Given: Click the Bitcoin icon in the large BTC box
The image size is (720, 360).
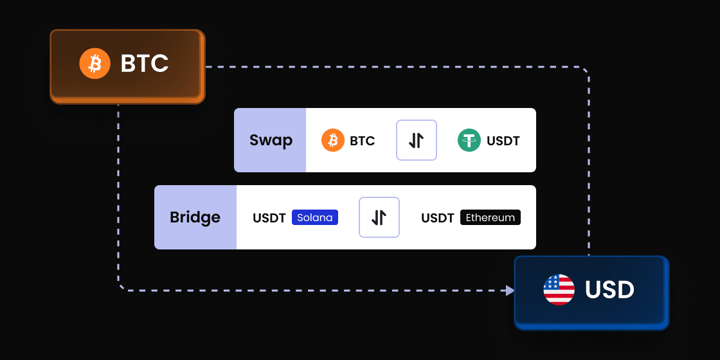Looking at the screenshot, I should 95,64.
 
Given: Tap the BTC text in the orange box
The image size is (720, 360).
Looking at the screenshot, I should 145,64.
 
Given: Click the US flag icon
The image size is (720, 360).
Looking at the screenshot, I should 559,290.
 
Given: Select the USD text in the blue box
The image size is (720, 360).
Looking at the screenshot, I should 609,290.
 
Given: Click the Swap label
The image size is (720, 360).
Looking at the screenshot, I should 271,140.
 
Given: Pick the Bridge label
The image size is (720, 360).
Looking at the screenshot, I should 195,217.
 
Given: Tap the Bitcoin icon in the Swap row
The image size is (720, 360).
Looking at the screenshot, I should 333,140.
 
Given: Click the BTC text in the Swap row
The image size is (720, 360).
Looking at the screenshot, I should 363,141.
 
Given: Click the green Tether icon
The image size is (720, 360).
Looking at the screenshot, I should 469,140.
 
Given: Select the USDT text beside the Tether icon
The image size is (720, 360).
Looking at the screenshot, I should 503,141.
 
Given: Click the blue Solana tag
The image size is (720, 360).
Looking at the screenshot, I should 315,217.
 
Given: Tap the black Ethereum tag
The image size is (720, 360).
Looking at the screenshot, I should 491,217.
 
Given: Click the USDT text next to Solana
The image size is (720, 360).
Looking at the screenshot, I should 269,218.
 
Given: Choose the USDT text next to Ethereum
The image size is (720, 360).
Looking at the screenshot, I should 438,218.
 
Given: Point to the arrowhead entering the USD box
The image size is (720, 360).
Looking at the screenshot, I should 510,291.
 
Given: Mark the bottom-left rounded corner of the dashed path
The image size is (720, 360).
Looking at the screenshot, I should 122,287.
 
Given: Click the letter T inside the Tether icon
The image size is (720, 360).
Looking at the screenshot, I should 469,140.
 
